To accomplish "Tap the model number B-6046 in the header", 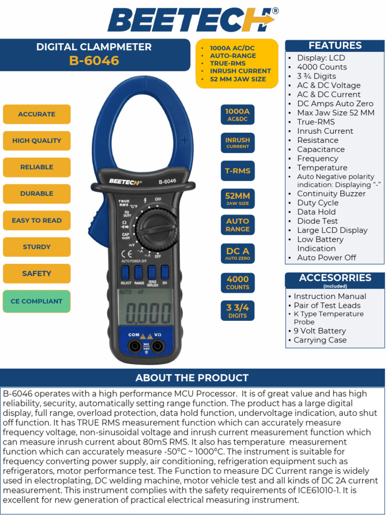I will click(94, 61).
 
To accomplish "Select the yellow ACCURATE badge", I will click(37, 114).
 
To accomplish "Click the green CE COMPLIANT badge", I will click(37, 301).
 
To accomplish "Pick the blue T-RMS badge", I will click(237, 171).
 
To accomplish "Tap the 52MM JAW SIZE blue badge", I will click(237, 198).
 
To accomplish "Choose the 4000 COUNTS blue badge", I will click(237, 283).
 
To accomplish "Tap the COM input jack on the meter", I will click(134, 346).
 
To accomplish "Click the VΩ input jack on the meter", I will click(158, 346).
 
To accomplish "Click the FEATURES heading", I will click(335, 46).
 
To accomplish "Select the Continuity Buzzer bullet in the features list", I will click(331, 194).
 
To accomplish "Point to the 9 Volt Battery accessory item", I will click(320, 331).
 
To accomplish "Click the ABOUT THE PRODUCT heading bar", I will click(192, 378).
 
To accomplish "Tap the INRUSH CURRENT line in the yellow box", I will click(240, 71).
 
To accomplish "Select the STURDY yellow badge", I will click(37, 247).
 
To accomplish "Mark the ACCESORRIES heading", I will click(335, 278).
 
